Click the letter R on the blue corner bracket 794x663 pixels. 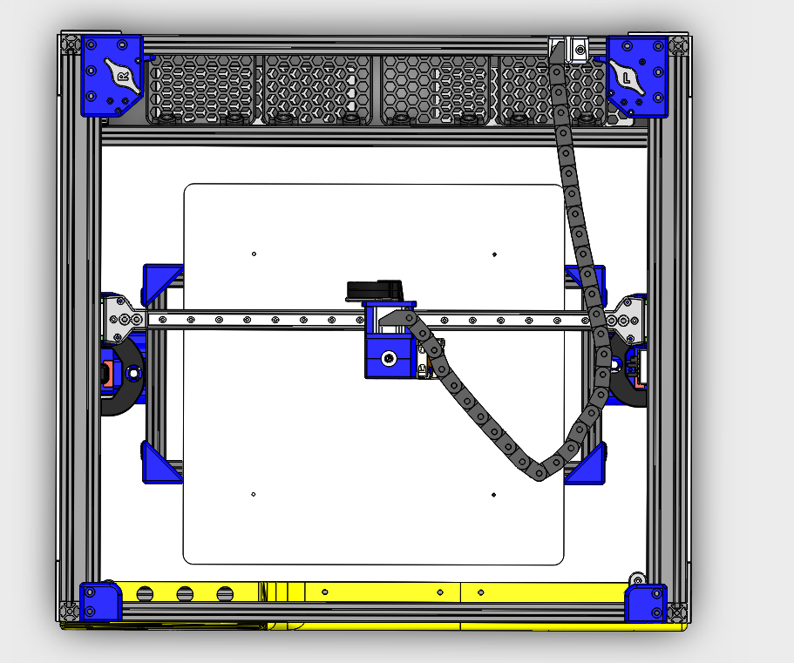[123, 77]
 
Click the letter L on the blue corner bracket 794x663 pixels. [627, 78]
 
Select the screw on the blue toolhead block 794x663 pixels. [389, 358]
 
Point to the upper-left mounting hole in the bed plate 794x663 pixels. [254, 254]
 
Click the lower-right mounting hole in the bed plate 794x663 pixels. [493, 495]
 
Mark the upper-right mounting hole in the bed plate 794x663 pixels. [495, 254]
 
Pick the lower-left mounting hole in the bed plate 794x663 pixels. [254, 495]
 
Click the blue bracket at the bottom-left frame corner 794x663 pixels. [100, 601]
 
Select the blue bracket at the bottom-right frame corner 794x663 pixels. [646, 603]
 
